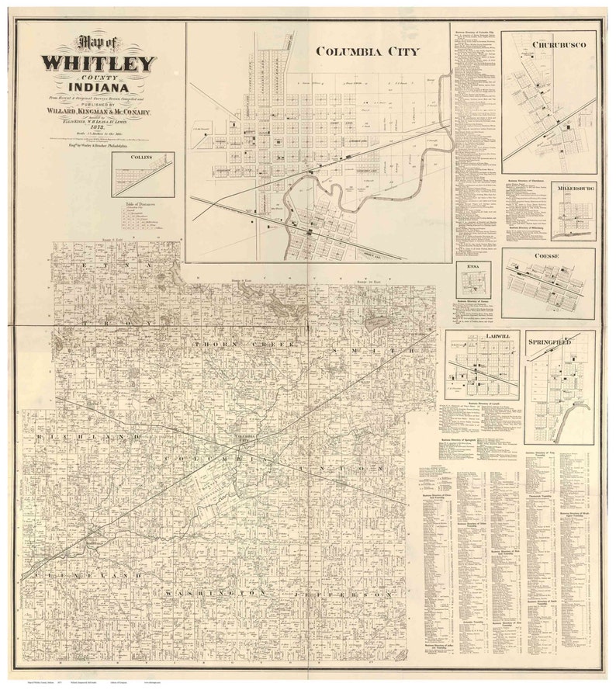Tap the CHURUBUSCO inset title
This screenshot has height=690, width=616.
[559, 45]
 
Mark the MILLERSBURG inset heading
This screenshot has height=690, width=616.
[574, 188]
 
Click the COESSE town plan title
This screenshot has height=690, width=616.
[549, 255]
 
